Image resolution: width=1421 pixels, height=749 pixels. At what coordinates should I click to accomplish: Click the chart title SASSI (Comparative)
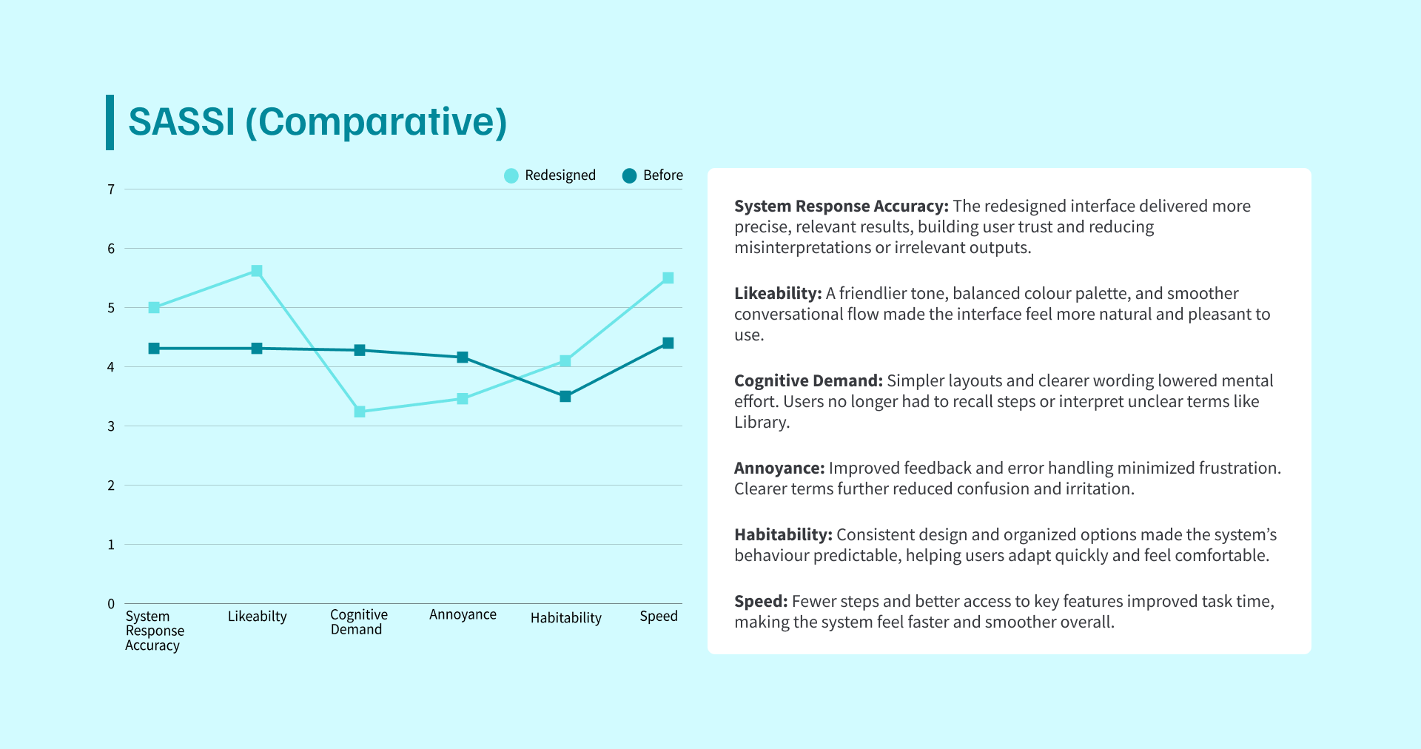[318, 122]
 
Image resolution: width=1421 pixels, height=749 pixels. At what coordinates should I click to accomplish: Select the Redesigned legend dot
[511, 175]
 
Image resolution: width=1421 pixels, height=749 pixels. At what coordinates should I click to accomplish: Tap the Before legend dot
[629, 175]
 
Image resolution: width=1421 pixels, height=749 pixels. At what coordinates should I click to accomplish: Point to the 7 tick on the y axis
[111, 189]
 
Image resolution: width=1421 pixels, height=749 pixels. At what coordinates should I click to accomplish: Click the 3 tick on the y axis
[111, 426]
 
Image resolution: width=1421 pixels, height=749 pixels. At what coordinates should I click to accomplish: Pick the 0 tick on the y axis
[111, 604]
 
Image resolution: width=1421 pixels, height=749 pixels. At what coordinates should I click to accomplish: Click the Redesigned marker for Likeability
[257, 271]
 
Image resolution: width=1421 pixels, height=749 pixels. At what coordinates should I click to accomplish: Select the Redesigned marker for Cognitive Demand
[360, 412]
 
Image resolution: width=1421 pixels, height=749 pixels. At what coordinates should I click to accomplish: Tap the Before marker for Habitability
[565, 397]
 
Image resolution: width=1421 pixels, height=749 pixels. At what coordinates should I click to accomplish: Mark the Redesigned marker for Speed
[668, 278]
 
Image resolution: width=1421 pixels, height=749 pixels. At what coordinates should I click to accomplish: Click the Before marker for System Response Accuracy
[154, 349]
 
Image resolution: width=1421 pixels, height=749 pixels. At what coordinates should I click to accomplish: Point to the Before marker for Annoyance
[463, 357]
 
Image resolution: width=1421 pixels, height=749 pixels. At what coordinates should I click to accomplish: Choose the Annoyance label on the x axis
[463, 615]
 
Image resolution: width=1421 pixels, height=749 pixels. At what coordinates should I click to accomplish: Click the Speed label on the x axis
[659, 617]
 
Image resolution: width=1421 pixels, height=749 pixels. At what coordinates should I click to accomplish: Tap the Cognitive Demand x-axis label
[358, 622]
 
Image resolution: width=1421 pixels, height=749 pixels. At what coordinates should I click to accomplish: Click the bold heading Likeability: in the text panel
[778, 294]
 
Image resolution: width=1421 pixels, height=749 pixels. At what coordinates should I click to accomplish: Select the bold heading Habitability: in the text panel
[783, 535]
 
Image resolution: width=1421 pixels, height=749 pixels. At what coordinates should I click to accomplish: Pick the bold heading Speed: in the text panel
[761, 602]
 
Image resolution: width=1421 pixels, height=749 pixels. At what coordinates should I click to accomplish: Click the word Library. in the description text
[762, 423]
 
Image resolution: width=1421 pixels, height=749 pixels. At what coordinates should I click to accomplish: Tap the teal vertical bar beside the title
[110, 122]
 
